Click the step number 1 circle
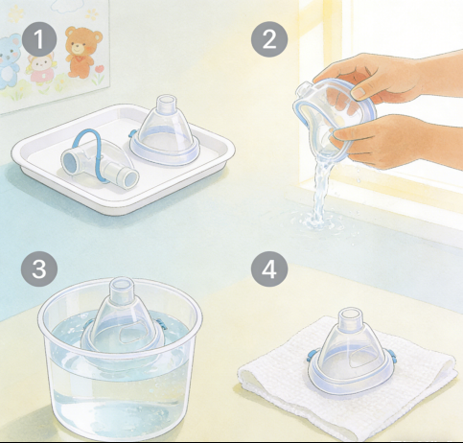point(39,39)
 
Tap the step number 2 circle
point(269,39)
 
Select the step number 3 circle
point(39,268)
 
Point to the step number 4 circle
point(269,268)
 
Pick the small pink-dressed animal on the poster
point(41,68)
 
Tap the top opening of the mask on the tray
point(166,102)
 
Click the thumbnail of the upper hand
point(359,92)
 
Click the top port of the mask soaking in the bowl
point(122,286)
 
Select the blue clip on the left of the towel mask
point(311,356)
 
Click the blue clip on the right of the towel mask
point(392,355)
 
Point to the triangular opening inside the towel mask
point(360,361)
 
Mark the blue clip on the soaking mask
point(162,324)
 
